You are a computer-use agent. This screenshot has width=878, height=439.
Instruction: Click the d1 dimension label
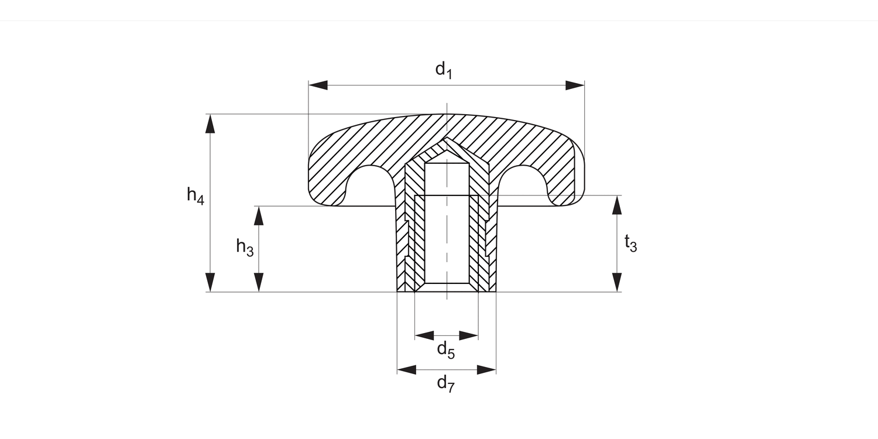pyautogui.click(x=444, y=70)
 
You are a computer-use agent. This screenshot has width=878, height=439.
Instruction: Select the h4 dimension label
pyautogui.click(x=196, y=195)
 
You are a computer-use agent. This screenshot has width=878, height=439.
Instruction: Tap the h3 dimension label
pyautogui.click(x=245, y=247)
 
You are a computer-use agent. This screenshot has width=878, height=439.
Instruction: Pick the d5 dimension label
pyautogui.click(x=446, y=350)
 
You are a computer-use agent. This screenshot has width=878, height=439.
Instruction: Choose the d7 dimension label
pyautogui.click(x=446, y=384)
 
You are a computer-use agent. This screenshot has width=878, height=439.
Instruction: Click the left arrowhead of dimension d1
pyautogui.click(x=318, y=85)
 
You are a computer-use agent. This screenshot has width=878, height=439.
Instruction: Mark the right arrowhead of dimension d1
pyautogui.click(x=575, y=85)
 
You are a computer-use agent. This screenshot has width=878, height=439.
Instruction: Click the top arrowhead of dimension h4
pyautogui.click(x=210, y=124)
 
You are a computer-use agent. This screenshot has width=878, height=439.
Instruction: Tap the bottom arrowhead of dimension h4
pyautogui.click(x=210, y=282)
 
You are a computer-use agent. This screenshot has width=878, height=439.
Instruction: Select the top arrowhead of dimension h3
pyautogui.click(x=258, y=215)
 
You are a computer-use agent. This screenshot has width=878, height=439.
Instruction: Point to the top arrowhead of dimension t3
pyautogui.click(x=616, y=205)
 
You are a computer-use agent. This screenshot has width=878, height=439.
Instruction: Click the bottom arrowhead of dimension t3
pyautogui.click(x=616, y=282)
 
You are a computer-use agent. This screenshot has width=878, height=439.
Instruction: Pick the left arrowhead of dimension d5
pyautogui.click(x=424, y=335)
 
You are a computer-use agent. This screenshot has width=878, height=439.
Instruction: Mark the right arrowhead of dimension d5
pyautogui.click(x=469, y=335)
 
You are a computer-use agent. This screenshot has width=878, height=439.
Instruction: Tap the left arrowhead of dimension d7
pyautogui.click(x=406, y=369)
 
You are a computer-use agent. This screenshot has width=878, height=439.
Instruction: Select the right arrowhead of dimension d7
pyautogui.click(x=487, y=369)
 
